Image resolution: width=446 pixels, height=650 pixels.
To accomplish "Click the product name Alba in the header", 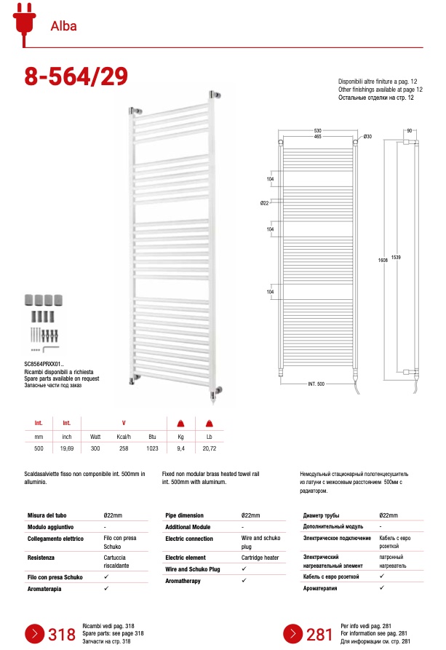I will (x=63, y=28).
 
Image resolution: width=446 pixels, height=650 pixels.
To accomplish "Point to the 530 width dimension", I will (x=317, y=130).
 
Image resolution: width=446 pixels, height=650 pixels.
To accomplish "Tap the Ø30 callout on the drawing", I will (x=367, y=137).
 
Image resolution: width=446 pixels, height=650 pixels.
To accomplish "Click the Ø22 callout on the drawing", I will (x=266, y=203).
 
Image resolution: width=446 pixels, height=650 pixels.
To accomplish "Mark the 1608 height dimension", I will (x=381, y=259).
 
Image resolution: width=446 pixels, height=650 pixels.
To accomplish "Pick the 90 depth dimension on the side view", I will (x=410, y=130).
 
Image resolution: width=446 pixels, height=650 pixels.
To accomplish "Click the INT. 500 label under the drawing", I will (x=316, y=384).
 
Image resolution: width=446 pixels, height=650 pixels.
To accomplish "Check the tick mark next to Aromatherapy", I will (x=244, y=580).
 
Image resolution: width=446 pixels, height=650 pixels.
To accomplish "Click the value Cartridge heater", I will (x=260, y=558).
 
